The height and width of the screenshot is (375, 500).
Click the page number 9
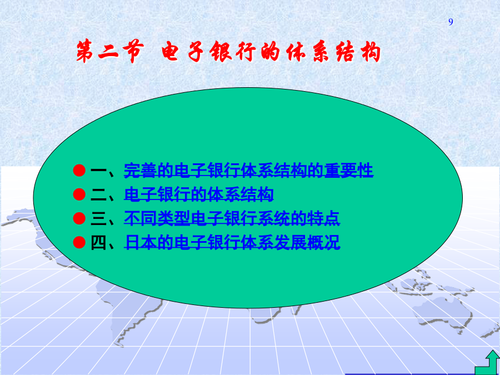click(451, 22)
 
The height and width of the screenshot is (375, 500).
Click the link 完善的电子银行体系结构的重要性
click(248, 171)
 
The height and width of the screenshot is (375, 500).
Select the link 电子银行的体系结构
click(199, 194)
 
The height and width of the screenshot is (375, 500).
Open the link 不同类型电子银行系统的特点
click(232, 218)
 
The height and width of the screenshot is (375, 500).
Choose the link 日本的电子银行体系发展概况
click(232, 242)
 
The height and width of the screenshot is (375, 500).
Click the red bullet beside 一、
click(79, 171)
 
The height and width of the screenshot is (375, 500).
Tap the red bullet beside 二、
click(79, 194)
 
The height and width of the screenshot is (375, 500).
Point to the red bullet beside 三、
click(79, 218)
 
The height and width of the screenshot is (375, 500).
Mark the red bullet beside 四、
click(79, 242)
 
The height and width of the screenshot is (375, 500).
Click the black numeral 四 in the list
click(98, 242)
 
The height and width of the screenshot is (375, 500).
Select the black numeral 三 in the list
click(98, 218)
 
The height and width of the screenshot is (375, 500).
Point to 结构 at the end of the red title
click(358, 52)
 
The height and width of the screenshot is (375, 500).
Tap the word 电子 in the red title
click(182, 51)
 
